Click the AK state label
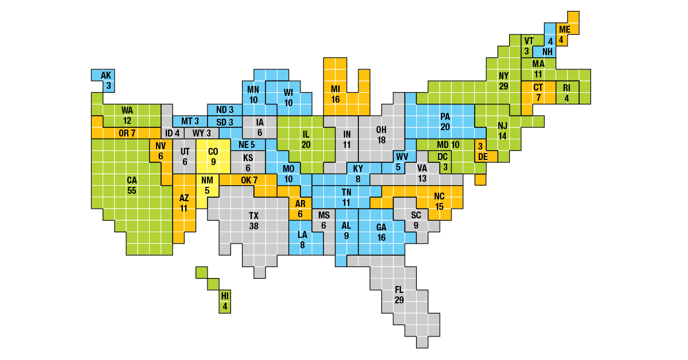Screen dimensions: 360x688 [x=106, y=75]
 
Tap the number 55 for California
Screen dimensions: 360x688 [x=132, y=190]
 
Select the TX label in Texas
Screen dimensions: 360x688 [x=253, y=216]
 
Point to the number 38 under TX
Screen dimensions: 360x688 [x=253, y=226]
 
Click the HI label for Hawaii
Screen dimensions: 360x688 [x=225, y=296]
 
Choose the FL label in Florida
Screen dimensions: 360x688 [x=399, y=289]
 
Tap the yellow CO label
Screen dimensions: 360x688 [x=213, y=152]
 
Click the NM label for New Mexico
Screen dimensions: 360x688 [x=207, y=180]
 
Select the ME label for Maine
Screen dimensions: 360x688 [x=565, y=29]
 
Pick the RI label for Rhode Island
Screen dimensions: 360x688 [x=567, y=88]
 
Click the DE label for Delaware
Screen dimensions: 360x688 [x=483, y=157]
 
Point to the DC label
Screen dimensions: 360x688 [x=442, y=156]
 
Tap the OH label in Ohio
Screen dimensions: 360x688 [x=381, y=130]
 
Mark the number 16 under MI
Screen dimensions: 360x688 [x=336, y=99]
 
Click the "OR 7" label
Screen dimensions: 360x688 [x=127, y=134]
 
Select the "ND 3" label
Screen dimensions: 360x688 [x=225, y=109]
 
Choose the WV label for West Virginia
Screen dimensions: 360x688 [x=401, y=156]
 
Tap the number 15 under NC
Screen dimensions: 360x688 [x=439, y=206]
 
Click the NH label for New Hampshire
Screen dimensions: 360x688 [x=548, y=52]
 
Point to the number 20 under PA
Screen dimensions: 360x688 [x=445, y=127]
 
